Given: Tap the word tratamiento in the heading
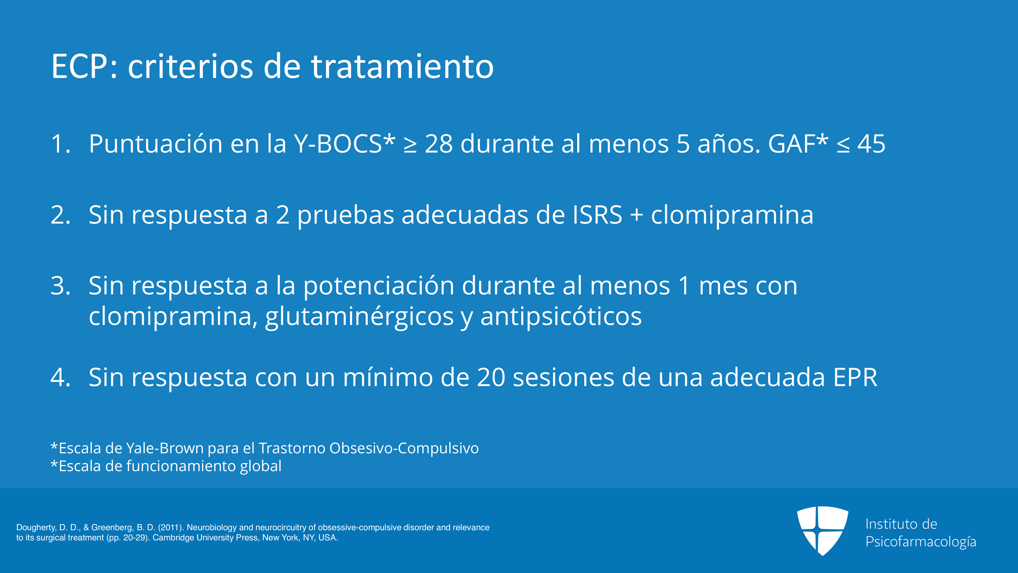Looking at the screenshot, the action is point(402,66).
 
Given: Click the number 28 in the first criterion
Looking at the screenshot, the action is point(439,144).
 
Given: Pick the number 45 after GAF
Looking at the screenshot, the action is point(871,144).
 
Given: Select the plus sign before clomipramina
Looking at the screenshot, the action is point(637,216).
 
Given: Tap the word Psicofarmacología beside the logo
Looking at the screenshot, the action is point(921,542).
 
